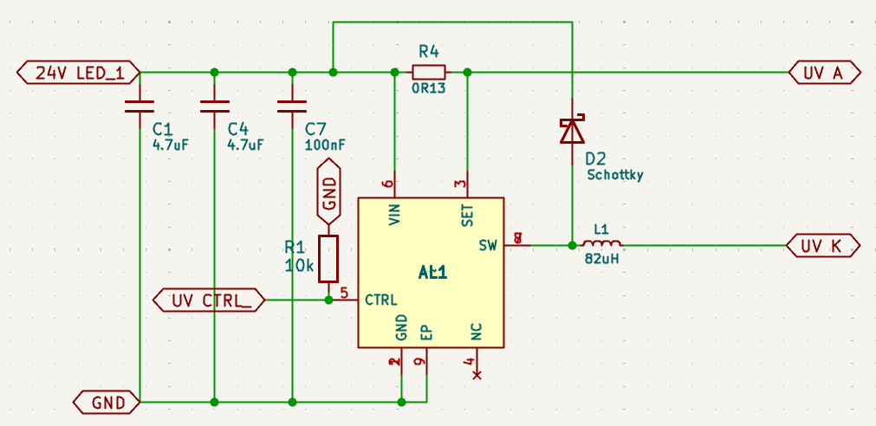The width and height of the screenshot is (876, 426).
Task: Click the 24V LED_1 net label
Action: click(x=77, y=74)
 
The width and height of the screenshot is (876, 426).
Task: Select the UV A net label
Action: click(x=824, y=74)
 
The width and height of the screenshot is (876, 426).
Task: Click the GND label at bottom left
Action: click(x=105, y=402)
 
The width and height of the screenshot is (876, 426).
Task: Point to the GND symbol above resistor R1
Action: click(x=329, y=190)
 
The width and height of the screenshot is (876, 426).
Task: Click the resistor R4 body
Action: click(x=429, y=73)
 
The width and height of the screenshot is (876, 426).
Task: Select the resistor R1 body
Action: click(x=328, y=258)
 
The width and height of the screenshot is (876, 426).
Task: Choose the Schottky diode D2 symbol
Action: click(x=572, y=131)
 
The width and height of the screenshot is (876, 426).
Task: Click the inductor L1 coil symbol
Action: click(x=602, y=245)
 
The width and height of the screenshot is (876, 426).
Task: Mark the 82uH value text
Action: click(x=601, y=259)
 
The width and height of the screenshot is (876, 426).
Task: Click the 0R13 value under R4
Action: click(x=429, y=88)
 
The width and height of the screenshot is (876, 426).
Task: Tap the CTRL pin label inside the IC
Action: click(x=381, y=300)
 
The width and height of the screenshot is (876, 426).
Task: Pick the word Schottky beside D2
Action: click(x=615, y=175)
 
